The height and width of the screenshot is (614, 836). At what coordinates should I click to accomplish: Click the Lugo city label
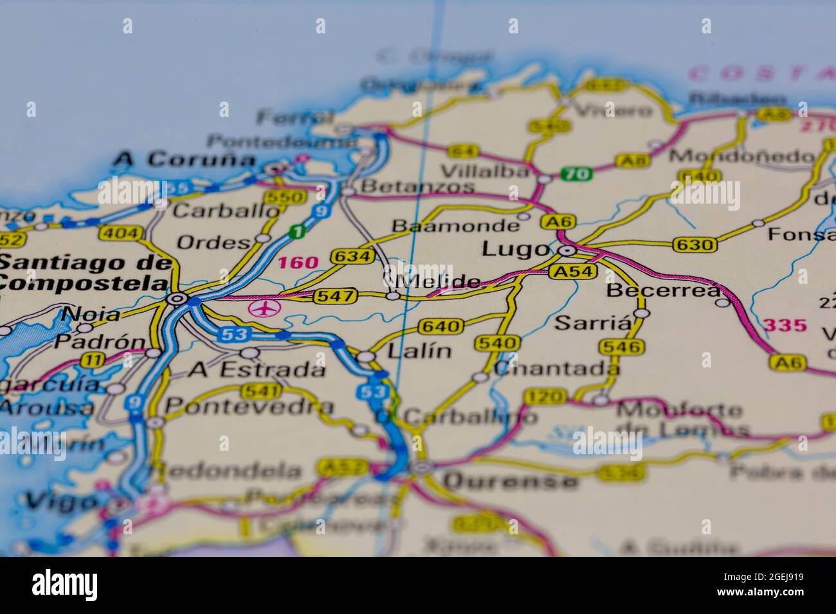[516, 249]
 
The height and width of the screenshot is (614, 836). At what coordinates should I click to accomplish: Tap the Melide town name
[441, 282]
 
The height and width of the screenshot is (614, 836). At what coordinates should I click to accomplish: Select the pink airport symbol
[264, 309]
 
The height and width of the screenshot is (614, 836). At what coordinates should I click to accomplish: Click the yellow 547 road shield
[335, 296]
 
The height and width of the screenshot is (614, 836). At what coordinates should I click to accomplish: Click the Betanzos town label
[418, 187]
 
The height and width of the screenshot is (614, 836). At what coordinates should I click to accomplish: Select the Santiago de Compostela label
[85, 272]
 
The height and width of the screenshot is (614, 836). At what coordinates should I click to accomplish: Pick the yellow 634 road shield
[352, 257]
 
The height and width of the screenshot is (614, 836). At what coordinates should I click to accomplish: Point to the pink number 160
[298, 262]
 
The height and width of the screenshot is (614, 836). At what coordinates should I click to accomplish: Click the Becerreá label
[664, 290]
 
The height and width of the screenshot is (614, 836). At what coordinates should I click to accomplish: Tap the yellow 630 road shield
[695, 244]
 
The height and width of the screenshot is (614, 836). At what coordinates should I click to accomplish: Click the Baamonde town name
[455, 226]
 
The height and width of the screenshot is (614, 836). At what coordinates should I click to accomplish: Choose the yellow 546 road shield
[621, 347]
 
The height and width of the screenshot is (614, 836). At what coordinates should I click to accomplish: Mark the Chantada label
[557, 369]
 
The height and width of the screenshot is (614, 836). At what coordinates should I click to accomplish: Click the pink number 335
[785, 325]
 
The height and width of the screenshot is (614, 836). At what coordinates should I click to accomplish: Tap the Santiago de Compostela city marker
[177, 299]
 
